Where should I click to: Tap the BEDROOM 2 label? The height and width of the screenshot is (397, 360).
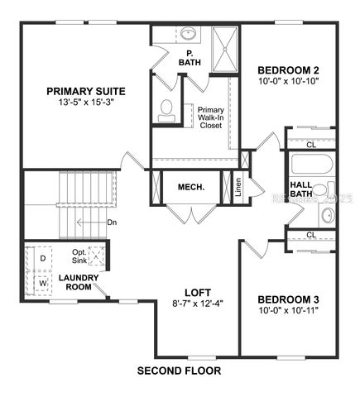point(288,69)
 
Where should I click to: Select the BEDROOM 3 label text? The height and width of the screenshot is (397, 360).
point(288,299)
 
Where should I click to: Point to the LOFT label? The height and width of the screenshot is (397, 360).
point(197,292)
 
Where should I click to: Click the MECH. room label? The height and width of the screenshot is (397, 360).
point(190,188)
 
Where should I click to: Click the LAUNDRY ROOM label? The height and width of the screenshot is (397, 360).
point(79,282)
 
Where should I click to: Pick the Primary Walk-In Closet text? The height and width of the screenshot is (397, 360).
point(211,118)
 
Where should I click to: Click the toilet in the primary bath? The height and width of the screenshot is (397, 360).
point(166,108)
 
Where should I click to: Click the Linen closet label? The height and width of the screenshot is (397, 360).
point(238,188)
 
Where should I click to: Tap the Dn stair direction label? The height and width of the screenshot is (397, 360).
point(112,222)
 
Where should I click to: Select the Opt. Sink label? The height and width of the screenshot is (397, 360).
point(79,256)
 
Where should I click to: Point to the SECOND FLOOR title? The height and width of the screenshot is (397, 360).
point(179,371)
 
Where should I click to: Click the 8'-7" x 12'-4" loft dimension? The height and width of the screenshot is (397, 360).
point(197,304)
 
